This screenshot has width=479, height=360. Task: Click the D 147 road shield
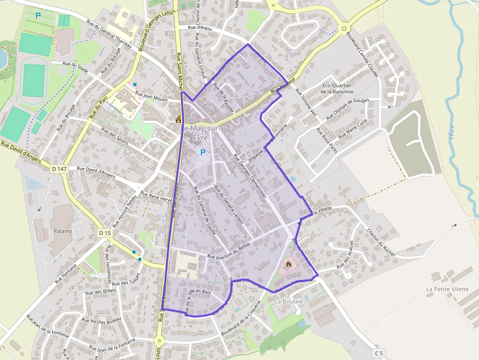(59, 169)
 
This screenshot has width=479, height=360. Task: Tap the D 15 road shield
(105, 233)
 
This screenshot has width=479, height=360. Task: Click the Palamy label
(63, 231)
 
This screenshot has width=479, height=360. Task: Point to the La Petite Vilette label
(447, 289)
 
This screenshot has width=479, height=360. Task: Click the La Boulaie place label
(289, 301)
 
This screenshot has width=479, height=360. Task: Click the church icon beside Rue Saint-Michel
(178, 119)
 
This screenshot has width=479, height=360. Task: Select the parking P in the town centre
(203, 153)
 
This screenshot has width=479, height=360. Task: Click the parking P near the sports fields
(38, 15)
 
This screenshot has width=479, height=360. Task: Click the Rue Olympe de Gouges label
(347, 109)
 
